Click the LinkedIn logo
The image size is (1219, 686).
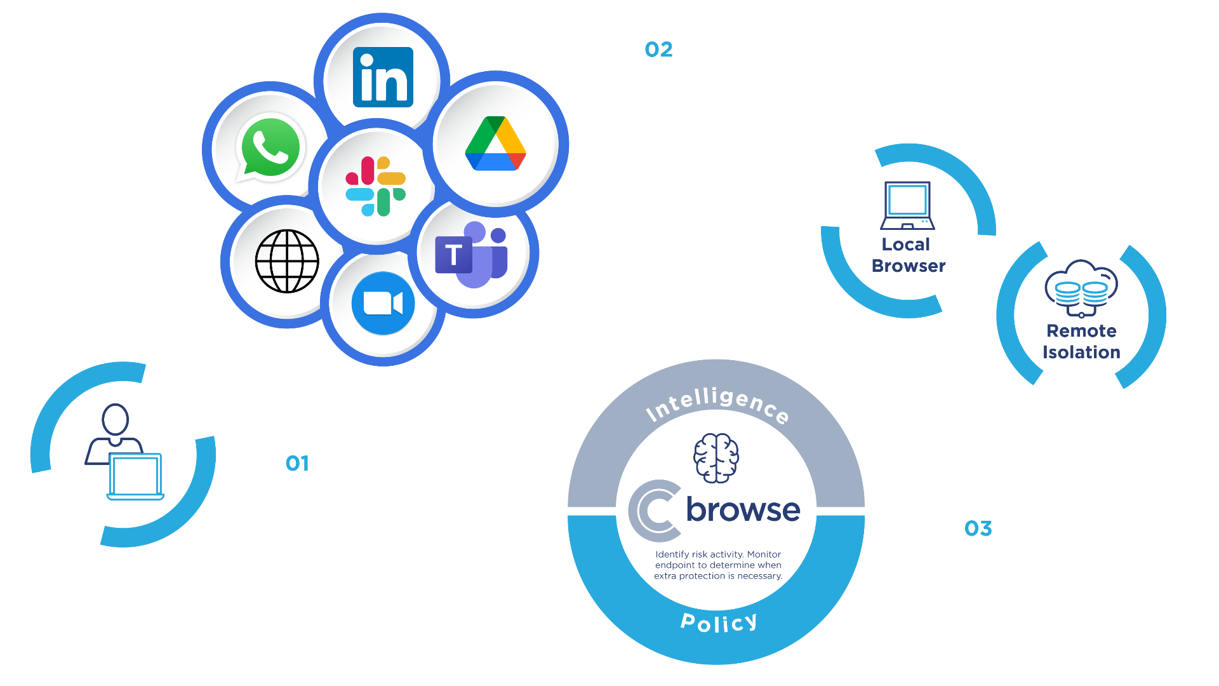coord(383,77)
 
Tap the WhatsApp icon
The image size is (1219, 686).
coord(270,147)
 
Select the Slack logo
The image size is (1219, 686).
coord(375,186)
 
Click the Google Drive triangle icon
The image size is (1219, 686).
coord(495,144)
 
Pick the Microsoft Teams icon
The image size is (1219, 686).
coord(471,254)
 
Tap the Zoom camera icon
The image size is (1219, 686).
coord(383,304)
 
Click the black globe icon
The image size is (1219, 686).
coord(287,261)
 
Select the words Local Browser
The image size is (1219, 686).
coord(908,255)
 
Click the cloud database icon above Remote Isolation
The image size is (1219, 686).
coord(1081,288)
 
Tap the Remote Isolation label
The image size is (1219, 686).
coord(1081,342)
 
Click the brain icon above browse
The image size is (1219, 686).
coord(716,458)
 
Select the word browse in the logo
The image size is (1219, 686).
coord(743,509)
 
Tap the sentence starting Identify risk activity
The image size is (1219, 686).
coord(718,565)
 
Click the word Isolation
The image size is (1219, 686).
coord(1081,353)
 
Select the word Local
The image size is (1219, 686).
coord(905,245)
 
